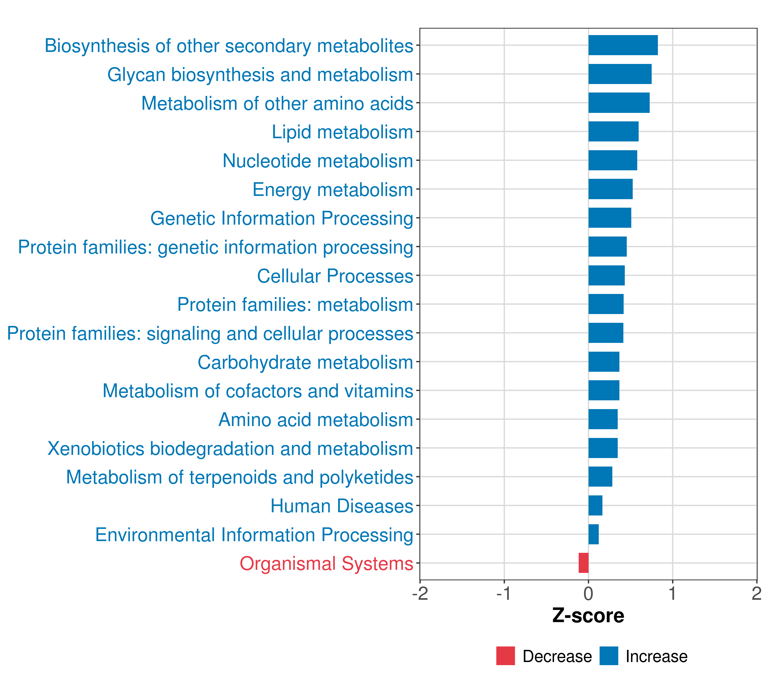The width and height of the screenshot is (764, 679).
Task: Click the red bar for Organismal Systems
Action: point(583,563)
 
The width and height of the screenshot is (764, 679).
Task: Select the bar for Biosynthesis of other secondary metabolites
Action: point(623,45)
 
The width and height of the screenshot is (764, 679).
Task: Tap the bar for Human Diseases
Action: point(595,505)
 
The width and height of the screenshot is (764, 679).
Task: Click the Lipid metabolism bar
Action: point(613,132)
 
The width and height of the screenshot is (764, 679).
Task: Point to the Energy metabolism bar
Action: point(610,189)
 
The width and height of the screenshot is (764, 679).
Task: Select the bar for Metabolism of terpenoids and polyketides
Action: point(600,476)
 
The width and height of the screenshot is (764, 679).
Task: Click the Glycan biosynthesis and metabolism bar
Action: point(620,74)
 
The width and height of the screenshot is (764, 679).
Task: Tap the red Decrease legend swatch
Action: point(505,656)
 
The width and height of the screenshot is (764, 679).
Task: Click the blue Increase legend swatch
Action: point(608,656)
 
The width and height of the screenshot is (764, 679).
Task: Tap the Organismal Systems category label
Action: point(326,564)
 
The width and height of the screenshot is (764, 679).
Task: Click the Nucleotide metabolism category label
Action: point(318,161)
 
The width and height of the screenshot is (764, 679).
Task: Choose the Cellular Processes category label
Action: point(335,276)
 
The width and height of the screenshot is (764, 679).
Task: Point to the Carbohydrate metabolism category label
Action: point(305,362)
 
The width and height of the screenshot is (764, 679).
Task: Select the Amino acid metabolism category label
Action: point(316,420)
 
